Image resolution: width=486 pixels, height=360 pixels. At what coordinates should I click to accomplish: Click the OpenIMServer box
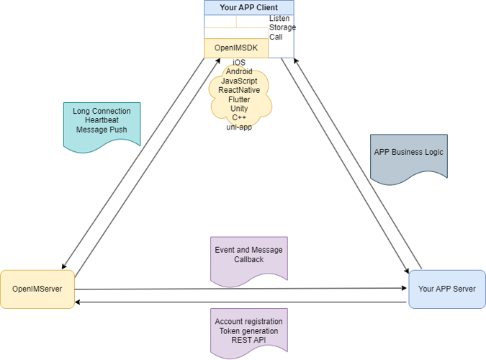point(37,289)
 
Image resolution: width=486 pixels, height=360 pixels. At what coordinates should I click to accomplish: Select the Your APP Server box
point(446,289)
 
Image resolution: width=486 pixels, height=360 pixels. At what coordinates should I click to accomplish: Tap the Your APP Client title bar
point(248,8)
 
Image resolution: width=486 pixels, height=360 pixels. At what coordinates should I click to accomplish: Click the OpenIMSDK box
point(236,48)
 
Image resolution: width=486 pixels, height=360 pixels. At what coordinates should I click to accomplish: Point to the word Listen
point(280,18)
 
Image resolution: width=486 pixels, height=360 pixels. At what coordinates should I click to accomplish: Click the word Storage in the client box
point(282,27)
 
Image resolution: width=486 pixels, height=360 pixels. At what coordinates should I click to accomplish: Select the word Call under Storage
point(276,37)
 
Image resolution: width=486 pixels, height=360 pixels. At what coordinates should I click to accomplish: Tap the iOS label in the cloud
point(239,63)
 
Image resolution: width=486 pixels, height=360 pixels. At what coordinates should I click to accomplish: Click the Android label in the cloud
point(239,72)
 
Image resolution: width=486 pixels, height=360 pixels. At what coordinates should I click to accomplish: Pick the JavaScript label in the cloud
point(239,81)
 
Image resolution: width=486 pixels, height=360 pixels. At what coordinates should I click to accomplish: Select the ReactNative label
point(239,91)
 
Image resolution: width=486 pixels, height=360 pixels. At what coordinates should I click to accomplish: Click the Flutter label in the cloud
point(239,99)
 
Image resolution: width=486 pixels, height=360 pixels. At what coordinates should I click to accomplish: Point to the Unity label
point(239,109)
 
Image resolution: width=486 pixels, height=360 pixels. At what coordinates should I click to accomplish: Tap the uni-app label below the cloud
point(239,127)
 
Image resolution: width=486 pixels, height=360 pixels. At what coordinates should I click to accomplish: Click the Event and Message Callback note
point(248,256)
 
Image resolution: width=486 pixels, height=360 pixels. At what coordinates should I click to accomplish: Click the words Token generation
point(248,331)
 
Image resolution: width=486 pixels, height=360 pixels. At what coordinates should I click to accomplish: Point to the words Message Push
point(102,130)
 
